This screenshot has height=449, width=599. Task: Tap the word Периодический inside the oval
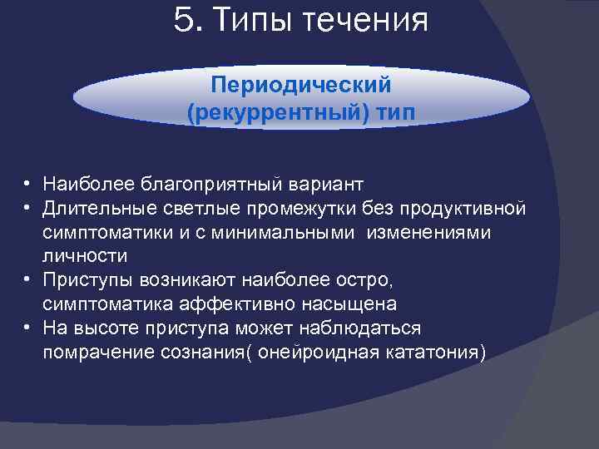tap(301, 86)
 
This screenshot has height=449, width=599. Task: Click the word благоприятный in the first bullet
tap(223, 182)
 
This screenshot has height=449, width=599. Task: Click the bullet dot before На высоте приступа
tap(27, 328)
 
